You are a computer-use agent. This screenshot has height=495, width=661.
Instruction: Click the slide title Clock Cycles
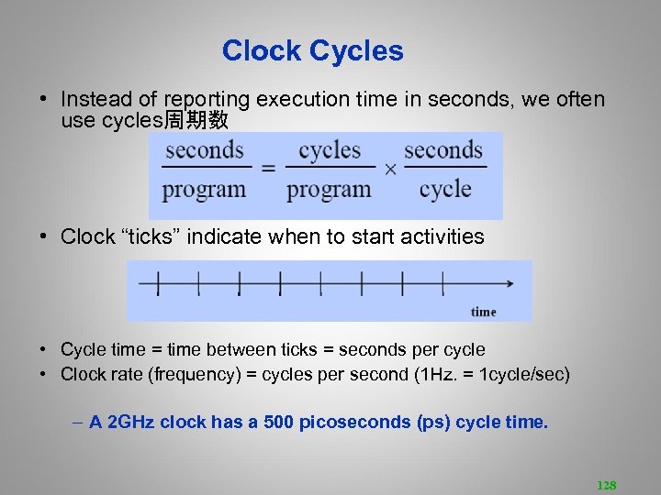312,51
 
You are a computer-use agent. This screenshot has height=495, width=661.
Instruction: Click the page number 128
606,485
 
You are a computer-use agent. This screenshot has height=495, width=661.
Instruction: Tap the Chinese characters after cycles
196,121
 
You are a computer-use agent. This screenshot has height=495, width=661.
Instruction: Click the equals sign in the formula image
268,169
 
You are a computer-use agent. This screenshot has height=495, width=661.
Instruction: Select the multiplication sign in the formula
389,170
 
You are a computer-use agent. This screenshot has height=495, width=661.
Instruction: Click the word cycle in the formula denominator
444,190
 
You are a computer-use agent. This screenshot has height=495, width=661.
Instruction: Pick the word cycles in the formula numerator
330,150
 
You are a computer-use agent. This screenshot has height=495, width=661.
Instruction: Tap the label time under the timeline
483,312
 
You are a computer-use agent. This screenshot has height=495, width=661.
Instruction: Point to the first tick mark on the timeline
158,284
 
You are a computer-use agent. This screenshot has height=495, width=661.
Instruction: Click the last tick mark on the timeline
443,284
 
